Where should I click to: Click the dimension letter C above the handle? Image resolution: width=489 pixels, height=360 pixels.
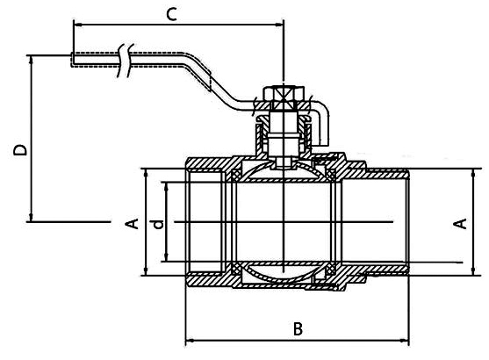(x=171, y=14)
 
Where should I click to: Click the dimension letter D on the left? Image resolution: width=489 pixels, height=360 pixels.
(x=20, y=150)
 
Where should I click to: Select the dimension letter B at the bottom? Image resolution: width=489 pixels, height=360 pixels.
(x=298, y=328)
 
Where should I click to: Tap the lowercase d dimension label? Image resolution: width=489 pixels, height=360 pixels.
(x=159, y=224)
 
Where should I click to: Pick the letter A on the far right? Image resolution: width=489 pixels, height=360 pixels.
(x=460, y=224)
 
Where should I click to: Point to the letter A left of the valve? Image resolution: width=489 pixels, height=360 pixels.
(x=133, y=224)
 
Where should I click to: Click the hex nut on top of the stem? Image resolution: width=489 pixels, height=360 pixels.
(x=283, y=94)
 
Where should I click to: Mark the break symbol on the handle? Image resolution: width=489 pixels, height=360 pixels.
(x=125, y=61)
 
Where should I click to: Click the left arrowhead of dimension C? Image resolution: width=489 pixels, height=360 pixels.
(x=77, y=25)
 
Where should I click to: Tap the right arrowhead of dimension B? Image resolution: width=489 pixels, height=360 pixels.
(x=405, y=341)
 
